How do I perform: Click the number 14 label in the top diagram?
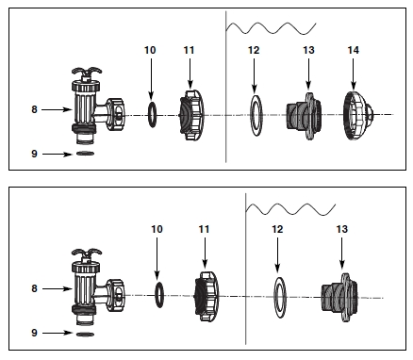353,50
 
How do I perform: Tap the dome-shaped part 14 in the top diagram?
358,115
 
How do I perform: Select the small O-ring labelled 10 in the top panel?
152,114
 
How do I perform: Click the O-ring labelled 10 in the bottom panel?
159,295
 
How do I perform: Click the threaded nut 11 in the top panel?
191,115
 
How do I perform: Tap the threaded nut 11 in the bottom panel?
206,296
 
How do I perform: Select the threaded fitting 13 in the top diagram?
304,116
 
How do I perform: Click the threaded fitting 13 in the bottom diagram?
339,297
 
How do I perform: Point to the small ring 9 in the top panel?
85,154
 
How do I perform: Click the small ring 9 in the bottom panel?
85,334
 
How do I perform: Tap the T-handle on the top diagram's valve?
87,71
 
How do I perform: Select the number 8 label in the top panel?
34,109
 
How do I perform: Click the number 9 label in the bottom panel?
34,333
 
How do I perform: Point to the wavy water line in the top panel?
271,28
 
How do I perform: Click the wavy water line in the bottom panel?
290,209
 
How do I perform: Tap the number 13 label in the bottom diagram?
342,229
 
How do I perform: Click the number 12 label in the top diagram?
254,50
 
